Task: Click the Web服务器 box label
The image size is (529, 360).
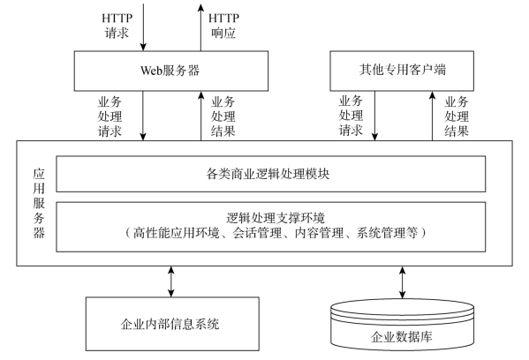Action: pos(170,71)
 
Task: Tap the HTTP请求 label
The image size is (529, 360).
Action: pos(117,26)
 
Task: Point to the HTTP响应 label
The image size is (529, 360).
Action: pos(223,26)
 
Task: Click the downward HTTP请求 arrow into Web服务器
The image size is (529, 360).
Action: pos(143,27)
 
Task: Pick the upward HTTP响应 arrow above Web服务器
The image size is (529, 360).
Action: pos(201,27)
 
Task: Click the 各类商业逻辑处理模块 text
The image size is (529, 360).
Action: pos(268,174)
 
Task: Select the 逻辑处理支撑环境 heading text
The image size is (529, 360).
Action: pos(276,218)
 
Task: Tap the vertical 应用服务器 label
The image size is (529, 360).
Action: pos(39,203)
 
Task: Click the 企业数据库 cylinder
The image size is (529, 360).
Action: pos(402,325)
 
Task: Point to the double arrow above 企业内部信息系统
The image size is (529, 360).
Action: pos(171,281)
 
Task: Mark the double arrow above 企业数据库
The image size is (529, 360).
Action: pos(402,282)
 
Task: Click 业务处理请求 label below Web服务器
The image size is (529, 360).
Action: pos(110,116)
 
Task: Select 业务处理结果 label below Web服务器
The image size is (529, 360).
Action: pos(223,116)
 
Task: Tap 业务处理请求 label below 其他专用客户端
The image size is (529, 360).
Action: pos(351,116)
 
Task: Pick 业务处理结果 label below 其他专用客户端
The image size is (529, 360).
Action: pos(457,116)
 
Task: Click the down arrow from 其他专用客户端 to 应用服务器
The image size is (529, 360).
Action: pos(374,116)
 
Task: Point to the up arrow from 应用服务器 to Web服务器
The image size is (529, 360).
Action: pos(201,116)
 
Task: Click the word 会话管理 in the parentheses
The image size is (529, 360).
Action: pos(257,233)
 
